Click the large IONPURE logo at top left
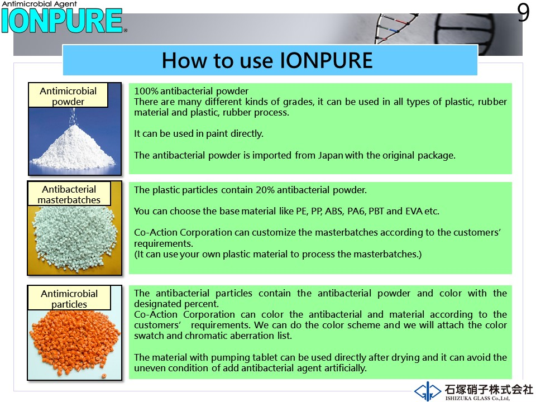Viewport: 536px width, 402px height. tap(62, 21)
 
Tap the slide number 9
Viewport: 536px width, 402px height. tap(523, 13)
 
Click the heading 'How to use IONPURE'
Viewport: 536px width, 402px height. tap(267, 60)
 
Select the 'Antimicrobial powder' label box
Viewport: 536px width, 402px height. tap(68, 95)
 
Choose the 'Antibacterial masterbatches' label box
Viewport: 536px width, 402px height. tap(69, 194)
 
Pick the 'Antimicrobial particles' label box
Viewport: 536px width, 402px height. tap(69, 298)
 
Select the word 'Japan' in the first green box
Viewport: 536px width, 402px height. tap(331, 156)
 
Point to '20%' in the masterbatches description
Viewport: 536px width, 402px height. tap(265, 190)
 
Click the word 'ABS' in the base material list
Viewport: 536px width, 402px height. tap(334, 211)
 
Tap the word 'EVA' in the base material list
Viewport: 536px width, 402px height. tap(414, 211)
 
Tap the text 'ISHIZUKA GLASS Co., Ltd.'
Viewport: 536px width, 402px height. tap(477, 398)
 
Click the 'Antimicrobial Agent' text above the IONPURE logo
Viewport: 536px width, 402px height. tap(39, 4)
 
